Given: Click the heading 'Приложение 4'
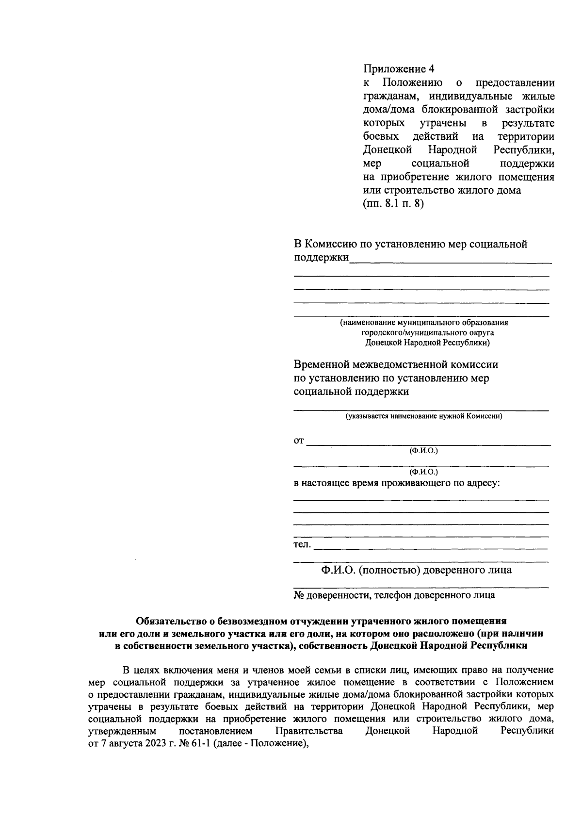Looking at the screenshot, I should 398,68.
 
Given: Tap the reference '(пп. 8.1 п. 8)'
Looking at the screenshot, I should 393,204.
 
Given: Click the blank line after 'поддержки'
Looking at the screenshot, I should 450,261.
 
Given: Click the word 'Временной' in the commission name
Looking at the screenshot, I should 322,364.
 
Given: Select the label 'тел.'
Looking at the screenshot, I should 302,545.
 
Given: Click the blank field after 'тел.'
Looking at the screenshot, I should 431,547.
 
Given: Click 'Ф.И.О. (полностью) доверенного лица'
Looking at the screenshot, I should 416,570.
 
